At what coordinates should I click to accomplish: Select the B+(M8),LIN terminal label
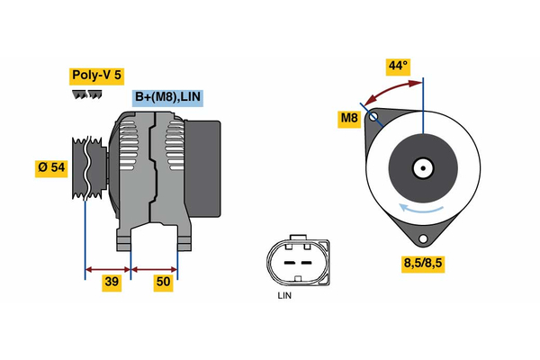coord(167,97)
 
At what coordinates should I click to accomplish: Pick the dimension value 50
coord(164,283)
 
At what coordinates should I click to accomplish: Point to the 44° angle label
coord(397,66)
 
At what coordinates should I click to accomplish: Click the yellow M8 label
coord(349,118)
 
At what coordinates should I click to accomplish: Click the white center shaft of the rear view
coord(422,167)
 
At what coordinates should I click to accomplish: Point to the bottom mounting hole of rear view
coord(422,239)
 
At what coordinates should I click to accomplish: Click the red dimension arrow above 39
coord(108,268)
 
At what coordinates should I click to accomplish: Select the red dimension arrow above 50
coord(154,268)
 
